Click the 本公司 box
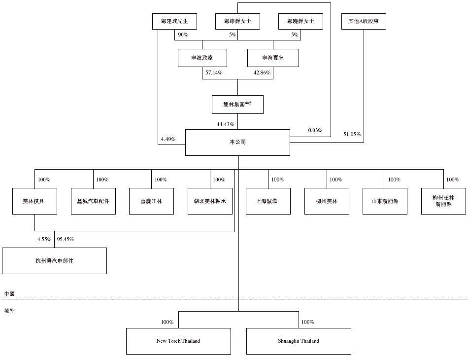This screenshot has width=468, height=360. (237, 143)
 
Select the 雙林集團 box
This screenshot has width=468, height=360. (237, 105)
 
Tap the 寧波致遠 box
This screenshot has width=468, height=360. (202, 58)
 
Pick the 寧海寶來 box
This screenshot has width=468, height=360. (273, 58)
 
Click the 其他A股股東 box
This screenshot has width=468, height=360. (364, 22)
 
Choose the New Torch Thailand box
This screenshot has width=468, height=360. (178, 341)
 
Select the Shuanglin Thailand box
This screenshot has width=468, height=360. (299, 341)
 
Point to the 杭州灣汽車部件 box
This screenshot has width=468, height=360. (54, 261)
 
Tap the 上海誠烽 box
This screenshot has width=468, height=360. (268, 201)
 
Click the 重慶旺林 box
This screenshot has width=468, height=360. (151, 201)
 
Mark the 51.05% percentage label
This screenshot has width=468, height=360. (352, 134)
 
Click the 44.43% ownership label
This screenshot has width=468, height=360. (225, 124)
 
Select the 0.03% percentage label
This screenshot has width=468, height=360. (315, 130)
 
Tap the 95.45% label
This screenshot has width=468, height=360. (66, 239)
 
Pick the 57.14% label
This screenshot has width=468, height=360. (213, 72)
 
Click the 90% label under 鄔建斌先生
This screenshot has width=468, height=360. (183, 35)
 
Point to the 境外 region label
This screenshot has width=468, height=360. (9, 311)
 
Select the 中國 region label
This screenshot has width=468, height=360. (9, 293)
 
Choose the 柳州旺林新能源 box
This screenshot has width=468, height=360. (443, 201)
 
